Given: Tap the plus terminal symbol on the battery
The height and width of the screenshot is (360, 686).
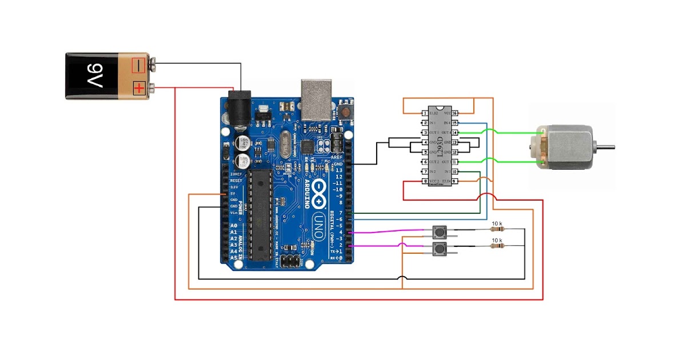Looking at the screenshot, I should pyautogui.click(x=139, y=88).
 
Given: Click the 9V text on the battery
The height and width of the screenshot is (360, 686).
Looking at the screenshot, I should pyautogui.click(x=93, y=76).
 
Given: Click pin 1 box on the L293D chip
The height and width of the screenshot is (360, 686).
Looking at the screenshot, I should pyautogui.click(x=425, y=114).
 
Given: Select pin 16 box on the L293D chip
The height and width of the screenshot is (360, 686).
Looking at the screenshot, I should pyautogui.click(x=455, y=114).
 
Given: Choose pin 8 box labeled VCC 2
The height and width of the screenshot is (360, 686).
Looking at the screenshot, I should pyautogui.click(x=425, y=182).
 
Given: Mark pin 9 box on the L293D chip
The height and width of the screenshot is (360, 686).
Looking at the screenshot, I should pyautogui.click(x=455, y=182).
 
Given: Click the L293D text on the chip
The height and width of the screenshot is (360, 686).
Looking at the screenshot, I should pyautogui.click(x=440, y=147).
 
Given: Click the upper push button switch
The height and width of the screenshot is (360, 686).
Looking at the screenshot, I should pyautogui.click(x=440, y=232).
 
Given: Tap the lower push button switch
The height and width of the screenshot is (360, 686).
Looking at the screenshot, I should pyautogui.click(x=440, y=249).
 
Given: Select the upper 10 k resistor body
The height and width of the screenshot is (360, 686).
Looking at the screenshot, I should pyautogui.click(x=497, y=230).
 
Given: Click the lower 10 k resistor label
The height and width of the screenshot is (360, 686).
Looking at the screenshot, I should pyautogui.click(x=497, y=239).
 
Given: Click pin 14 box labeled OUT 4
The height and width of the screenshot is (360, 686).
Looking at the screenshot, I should pyautogui.click(x=455, y=133).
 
